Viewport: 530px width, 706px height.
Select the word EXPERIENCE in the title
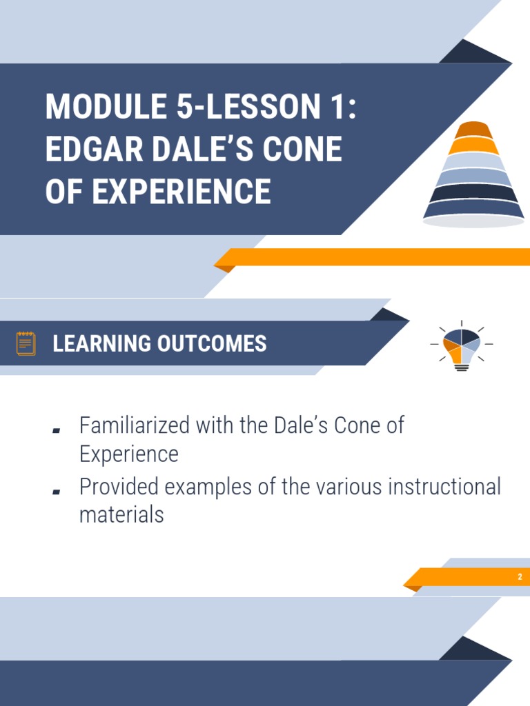[x=181, y=191]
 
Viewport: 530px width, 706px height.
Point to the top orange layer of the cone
[x=473, y=130]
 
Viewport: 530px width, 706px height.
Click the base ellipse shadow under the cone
[x=473, y=221]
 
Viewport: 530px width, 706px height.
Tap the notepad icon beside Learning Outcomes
[x=26, y=343]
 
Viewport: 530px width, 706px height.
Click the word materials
[x=121, y=514]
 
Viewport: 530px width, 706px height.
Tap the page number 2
[x=520, y=577]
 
